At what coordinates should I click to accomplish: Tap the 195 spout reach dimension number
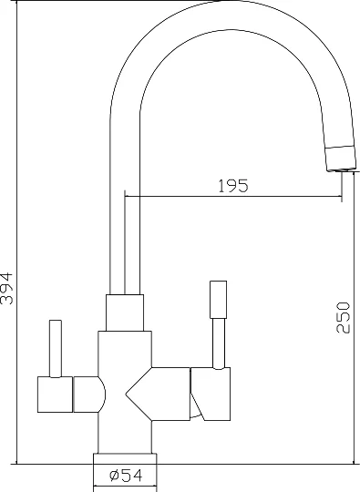[x=233, y=186]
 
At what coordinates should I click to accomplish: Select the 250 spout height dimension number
[x=343, y=317]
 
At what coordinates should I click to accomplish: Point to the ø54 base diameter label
[x=126, y=476]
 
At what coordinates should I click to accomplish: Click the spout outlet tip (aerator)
[x=341, y=159]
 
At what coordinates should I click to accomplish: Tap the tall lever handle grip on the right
[x=218, y=300]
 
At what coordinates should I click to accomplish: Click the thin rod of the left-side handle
[x=56, y=349]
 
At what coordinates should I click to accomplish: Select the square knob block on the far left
[x=56, y=395]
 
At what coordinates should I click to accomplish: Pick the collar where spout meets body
[x=125, y=313]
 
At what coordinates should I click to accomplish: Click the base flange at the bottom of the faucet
[x=125, y=458]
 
